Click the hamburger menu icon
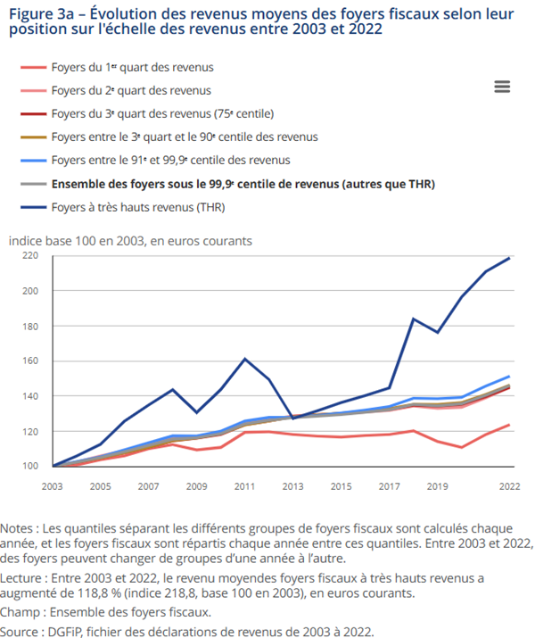pos(501,87)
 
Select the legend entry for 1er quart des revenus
pos(132,67)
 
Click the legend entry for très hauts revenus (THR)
pos(137,208)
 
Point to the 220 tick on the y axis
pos(30,256)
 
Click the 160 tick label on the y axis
pos(30,361)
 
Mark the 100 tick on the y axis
pos(30,466)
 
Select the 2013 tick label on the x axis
pos(293,487)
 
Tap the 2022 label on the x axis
pos(508,487)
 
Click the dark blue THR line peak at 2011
pos(245,359)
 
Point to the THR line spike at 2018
pos(413,319)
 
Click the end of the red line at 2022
pos(509,425)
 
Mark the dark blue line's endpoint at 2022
pos(509,258)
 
